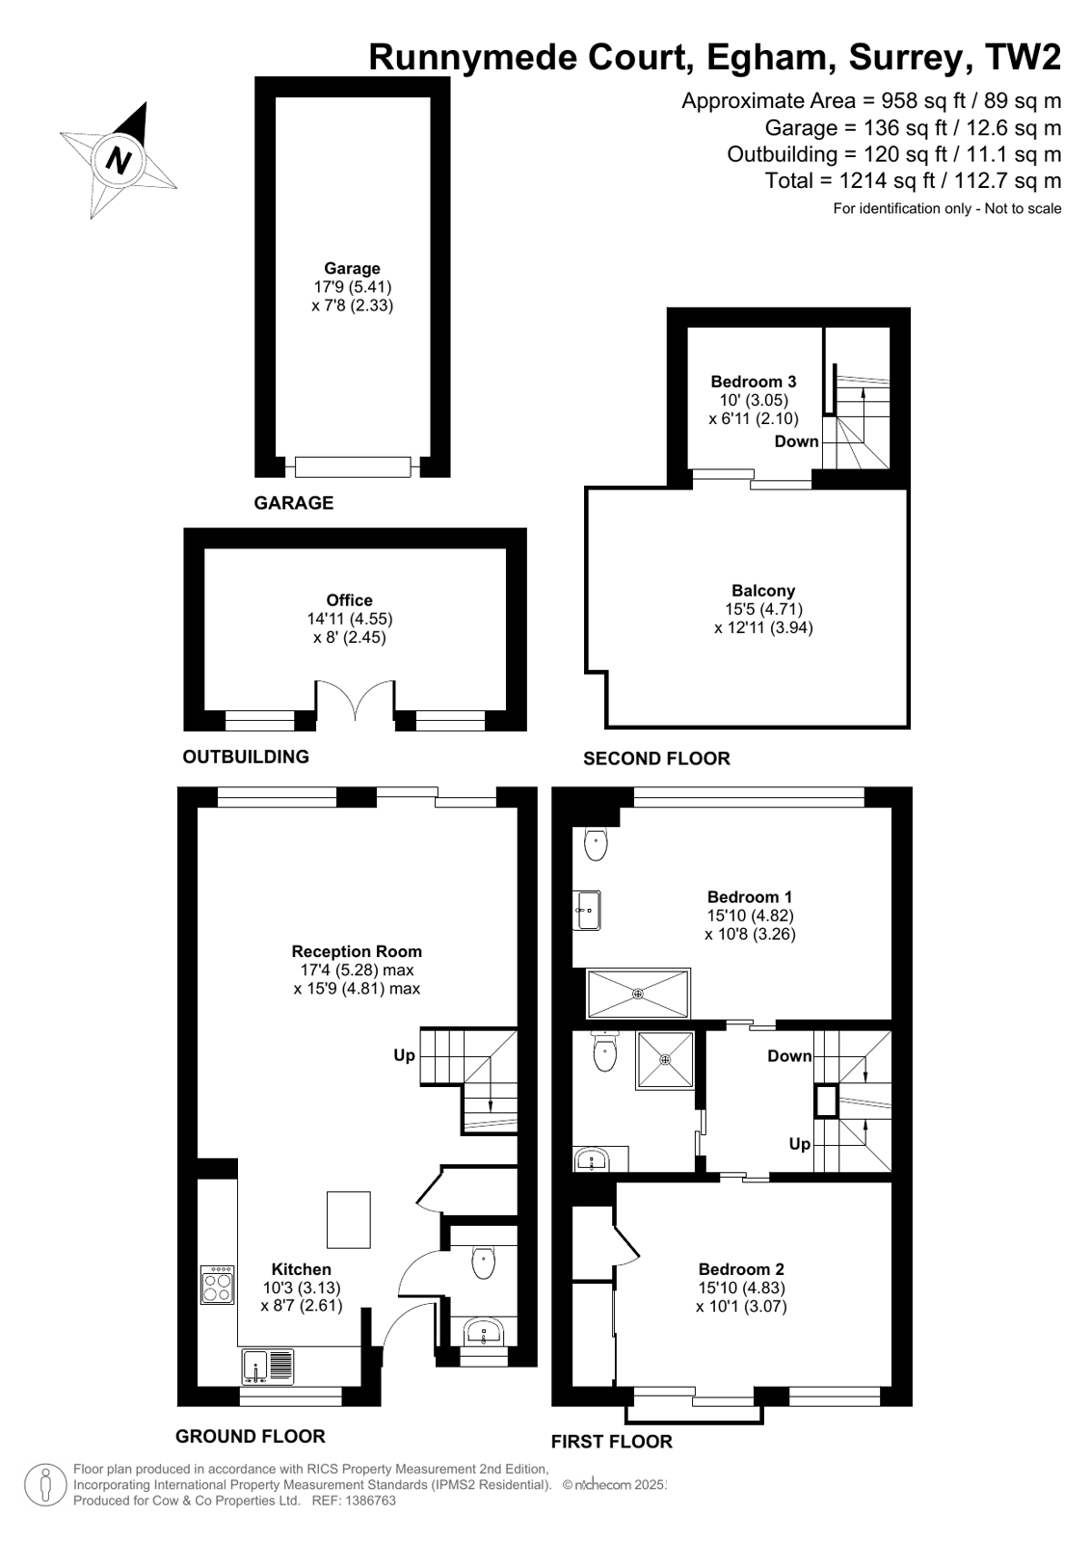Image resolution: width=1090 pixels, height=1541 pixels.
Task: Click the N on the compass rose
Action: coord(119,159)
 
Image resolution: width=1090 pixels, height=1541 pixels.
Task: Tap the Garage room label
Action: coord(352,269)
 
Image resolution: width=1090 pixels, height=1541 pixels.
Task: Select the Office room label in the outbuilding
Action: coord(349,600)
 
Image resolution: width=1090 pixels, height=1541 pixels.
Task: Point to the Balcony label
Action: coord(763,591)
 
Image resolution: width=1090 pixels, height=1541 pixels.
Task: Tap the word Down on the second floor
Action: coord(796,441)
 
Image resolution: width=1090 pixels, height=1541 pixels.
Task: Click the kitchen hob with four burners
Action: coord(217,1285)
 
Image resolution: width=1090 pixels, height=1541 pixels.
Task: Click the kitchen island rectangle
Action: coord(349,1220)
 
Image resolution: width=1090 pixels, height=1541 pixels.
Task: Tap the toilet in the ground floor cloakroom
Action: coord(483,1262)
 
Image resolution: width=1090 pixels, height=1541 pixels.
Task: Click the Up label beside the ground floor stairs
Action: coord(404,1055)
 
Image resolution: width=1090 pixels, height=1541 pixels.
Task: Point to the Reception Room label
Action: coord(357,951)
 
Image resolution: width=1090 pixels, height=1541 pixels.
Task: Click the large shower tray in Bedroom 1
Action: coord(638,993)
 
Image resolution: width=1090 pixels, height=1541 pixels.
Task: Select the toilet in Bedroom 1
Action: coord(596,844)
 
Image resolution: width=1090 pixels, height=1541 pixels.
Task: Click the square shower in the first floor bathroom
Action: coord(665,1060)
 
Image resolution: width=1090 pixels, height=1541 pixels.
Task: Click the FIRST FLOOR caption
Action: coord(611,1442)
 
